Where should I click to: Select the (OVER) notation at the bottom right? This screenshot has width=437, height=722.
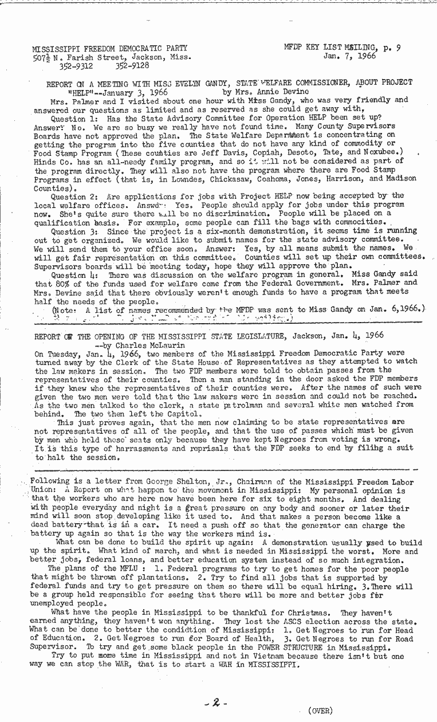(320, 711)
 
